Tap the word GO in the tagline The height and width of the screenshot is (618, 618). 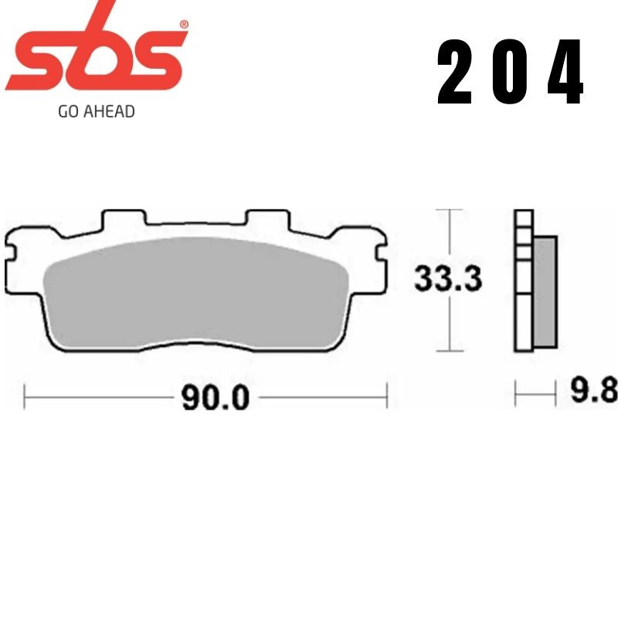67,111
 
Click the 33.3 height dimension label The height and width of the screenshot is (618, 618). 448,278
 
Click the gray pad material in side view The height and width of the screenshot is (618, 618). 545,290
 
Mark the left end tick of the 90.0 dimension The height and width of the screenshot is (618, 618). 25,397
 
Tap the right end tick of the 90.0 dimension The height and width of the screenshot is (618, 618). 386,397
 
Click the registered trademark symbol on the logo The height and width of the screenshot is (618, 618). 183,25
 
